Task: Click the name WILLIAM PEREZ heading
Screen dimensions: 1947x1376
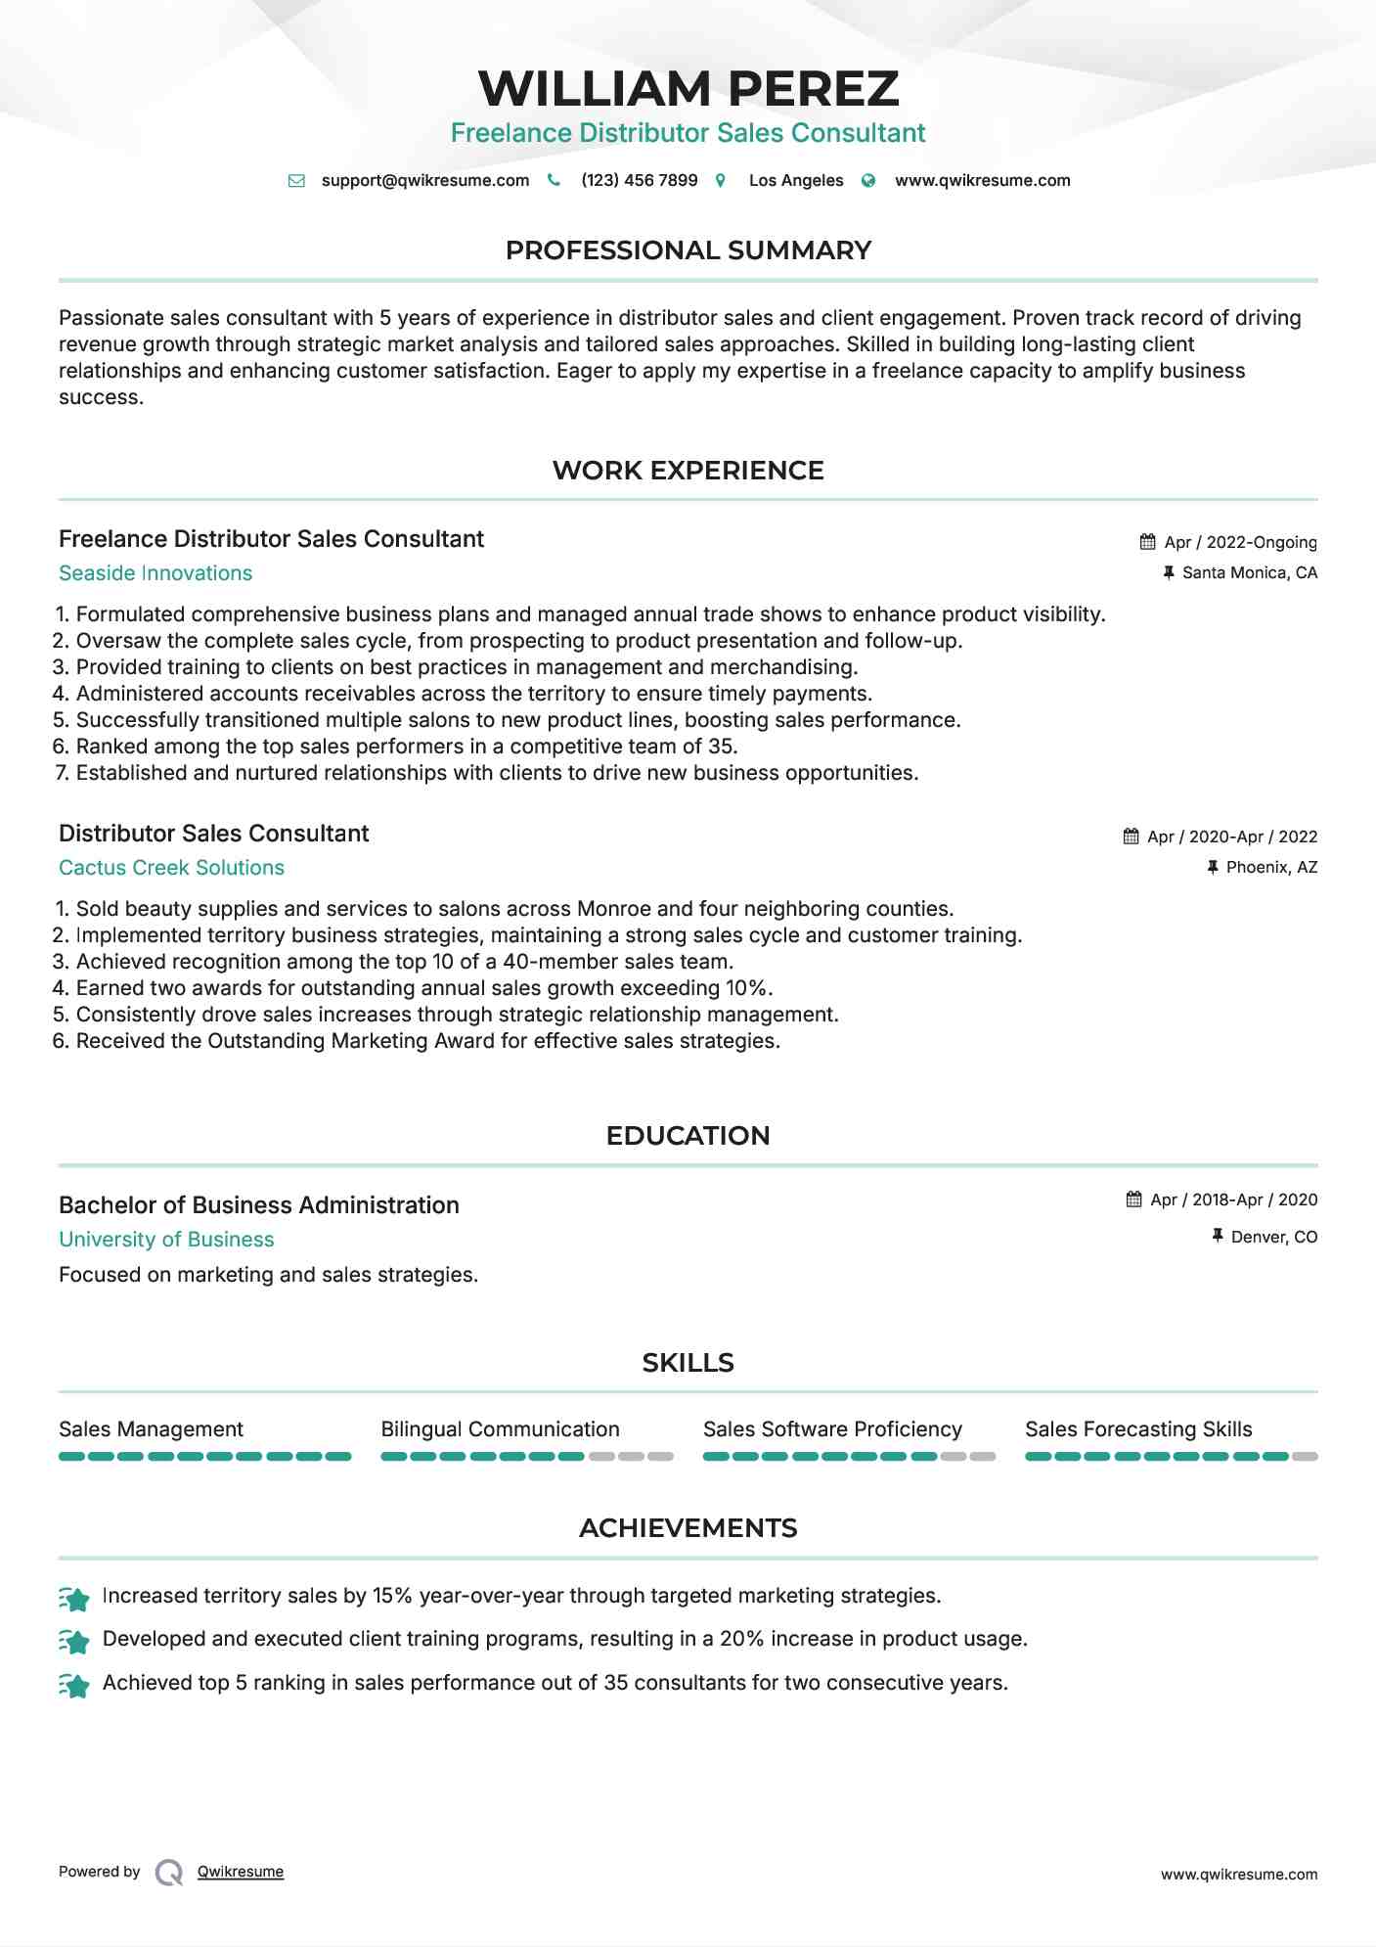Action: [x=688, y=89]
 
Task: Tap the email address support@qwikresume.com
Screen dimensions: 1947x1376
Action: [x=424, y=180]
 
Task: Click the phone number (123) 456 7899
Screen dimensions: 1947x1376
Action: [x=639, y=180]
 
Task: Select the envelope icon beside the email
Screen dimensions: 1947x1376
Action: [x=296, y=181]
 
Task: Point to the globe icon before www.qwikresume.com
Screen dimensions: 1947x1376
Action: [x=868, y=181]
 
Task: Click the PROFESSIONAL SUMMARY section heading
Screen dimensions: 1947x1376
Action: [x=688, y=250]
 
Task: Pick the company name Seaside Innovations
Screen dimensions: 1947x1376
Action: [x=155, y=573]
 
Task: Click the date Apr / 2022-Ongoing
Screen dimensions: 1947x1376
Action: [x=1240, y=542]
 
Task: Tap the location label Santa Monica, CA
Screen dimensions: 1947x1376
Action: [x=1249, y=572]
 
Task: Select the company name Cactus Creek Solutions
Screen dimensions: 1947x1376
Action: [x=171, y=868]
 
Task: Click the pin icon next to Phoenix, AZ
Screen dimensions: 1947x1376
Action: [x=1213, y=867]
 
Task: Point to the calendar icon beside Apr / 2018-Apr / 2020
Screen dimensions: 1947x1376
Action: [x=1133, y=1200]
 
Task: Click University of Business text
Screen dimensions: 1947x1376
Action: [x=166, y=1240]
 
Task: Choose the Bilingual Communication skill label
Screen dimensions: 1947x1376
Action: [x=500, y=1429]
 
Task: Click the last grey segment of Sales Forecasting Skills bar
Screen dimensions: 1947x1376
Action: [x=1305, y=1457]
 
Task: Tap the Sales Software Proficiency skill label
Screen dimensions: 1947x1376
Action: [x=832, y=1429]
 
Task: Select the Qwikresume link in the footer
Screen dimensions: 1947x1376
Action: [x=241, y=1872]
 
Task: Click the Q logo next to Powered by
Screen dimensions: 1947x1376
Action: [x=169, y=1873]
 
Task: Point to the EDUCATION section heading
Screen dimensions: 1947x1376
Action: [x=688, y=1136]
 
